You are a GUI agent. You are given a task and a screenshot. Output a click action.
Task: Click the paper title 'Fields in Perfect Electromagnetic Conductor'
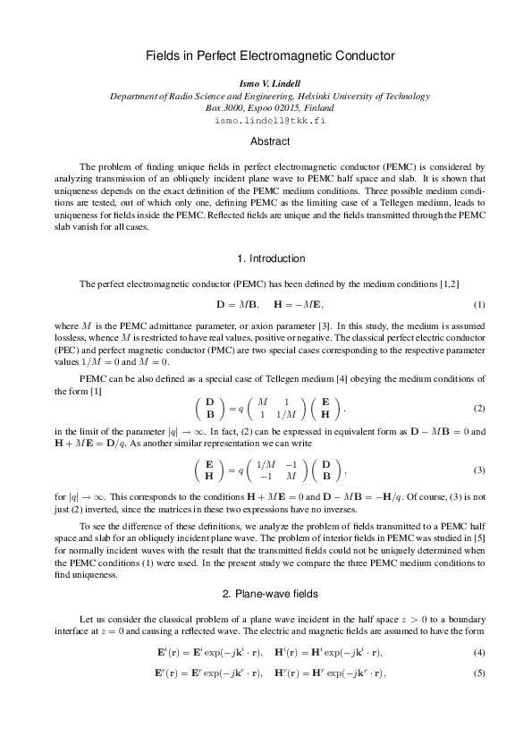coord(270,55)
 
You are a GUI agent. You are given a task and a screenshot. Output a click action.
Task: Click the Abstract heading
coord(270,141)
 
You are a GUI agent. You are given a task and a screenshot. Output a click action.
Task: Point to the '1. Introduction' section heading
coord(271,258)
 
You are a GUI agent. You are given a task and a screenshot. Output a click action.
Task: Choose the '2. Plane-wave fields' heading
coord(270,594)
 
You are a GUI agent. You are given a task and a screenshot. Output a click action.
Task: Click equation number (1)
coord(479,306)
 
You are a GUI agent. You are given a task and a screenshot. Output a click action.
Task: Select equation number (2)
coord(479,409)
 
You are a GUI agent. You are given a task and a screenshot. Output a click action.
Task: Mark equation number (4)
coord(479,651)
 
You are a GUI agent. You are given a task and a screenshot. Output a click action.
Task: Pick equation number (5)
coord(479,671)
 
